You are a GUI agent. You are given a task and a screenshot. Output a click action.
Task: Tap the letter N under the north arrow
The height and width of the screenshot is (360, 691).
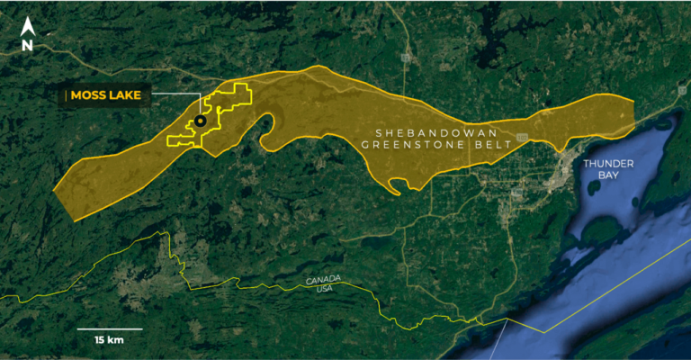click(x=28, y=42)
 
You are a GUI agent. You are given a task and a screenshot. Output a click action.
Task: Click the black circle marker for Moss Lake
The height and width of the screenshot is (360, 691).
click(x=200, y=121)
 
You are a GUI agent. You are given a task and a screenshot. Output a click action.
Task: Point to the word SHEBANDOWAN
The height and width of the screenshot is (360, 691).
click(x=420, y=128)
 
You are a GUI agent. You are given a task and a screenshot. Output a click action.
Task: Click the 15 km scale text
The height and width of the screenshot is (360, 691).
click(x=108, y=340)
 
